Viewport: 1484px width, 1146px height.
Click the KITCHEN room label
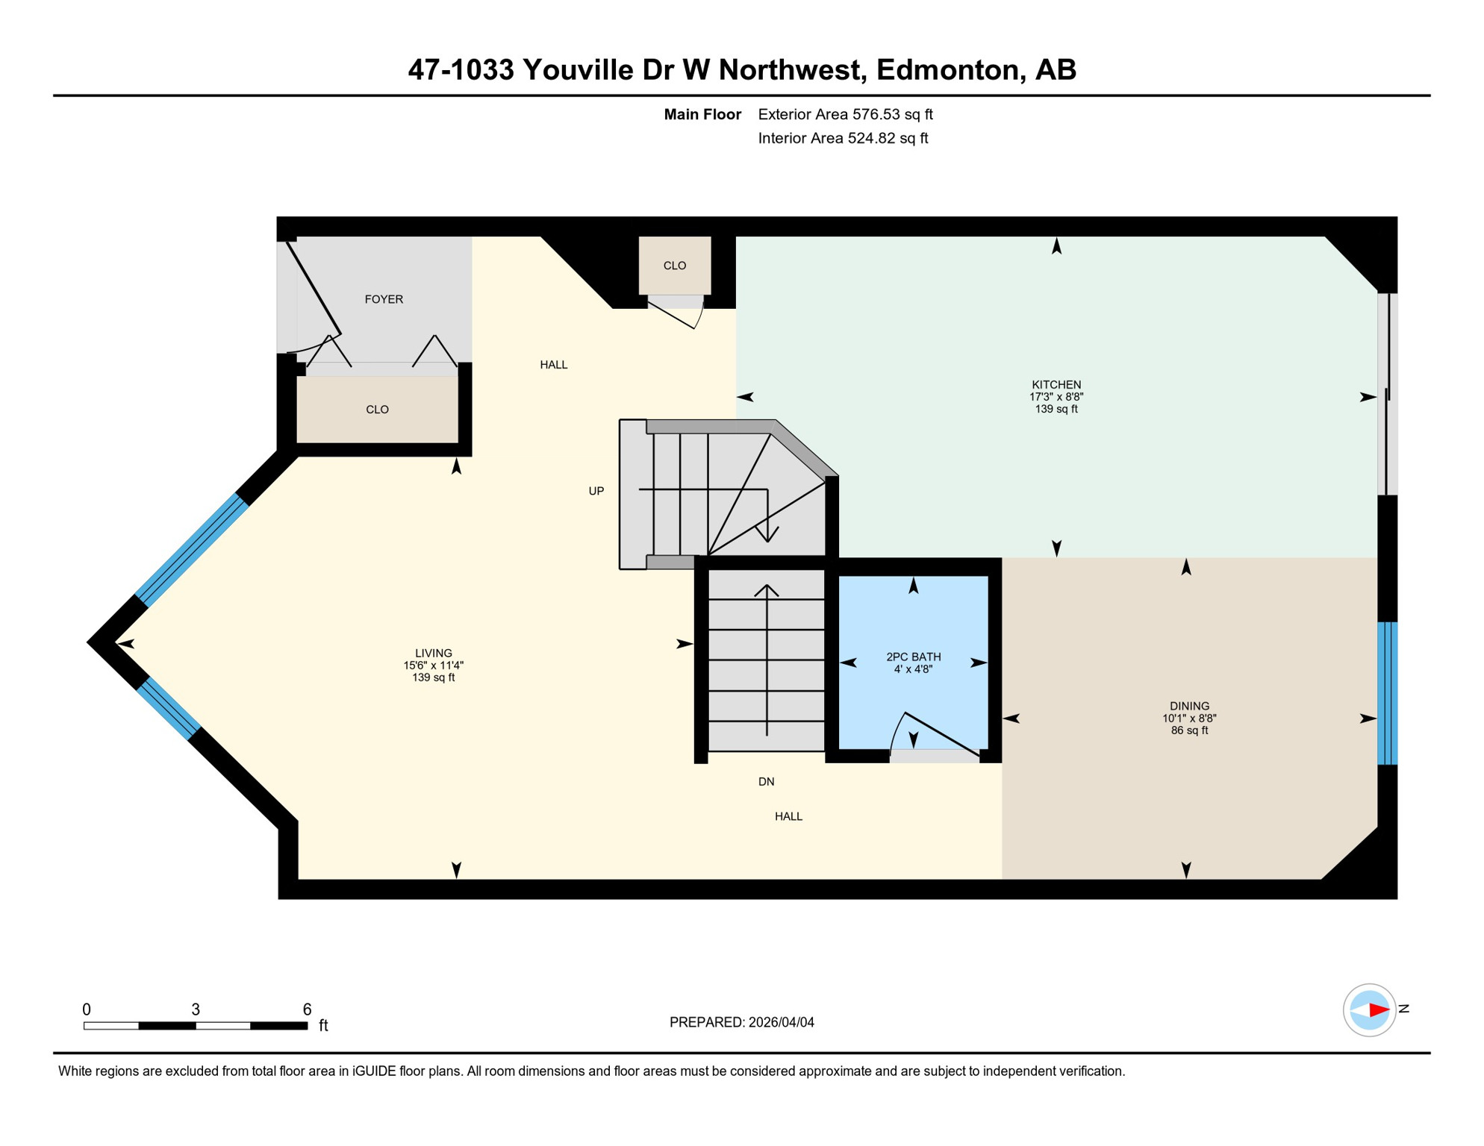coord(1056,385)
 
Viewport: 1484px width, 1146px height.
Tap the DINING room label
coord(1188,706)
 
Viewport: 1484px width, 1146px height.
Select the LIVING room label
coord(433,653)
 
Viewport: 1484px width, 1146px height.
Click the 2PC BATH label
coord(913,657)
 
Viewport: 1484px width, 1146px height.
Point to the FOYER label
coord(384,299)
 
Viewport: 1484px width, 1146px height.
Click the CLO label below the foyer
coord(377,410)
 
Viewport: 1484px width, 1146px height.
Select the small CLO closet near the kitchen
coord(674,266)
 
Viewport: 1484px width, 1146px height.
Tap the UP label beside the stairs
coord(596,491)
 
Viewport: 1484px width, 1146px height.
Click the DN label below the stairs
coord(766,782)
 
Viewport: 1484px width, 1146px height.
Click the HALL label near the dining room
coord(788,816)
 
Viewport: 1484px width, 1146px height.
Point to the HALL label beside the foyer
coord(553,365)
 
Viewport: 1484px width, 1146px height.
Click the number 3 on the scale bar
coord(196,1009)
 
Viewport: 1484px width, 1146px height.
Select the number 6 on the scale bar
coord(307,1009)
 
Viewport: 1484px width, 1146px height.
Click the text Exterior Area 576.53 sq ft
coord(845,114)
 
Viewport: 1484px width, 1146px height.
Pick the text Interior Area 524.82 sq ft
coord(843,138)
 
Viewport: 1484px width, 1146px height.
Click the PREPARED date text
coord(741,1022)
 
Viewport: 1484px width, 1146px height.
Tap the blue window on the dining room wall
coord(1386,693)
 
